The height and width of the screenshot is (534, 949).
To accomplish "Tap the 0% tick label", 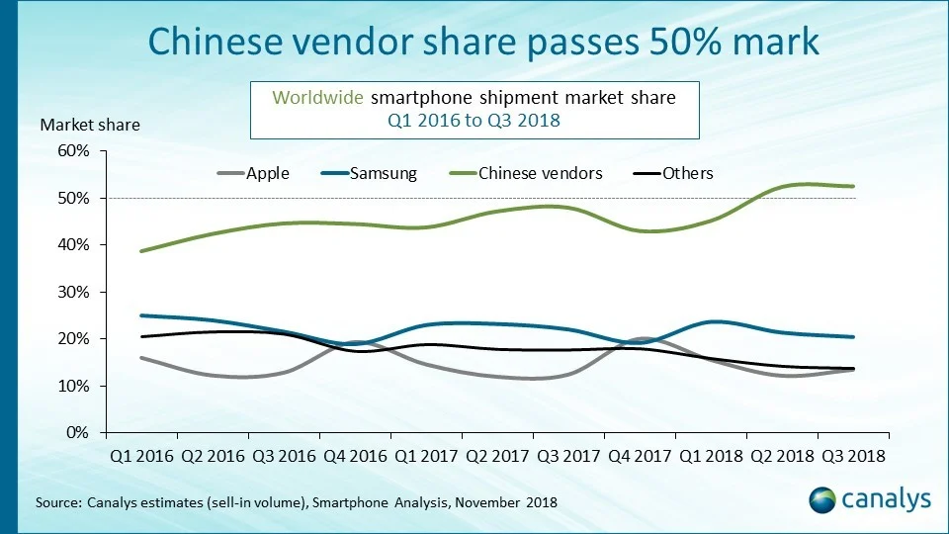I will click(x=77, y=432).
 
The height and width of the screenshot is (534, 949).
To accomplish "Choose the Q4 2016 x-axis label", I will click(x=354, y=456).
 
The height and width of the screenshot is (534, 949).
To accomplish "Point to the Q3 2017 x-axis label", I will click(x=567, y=456).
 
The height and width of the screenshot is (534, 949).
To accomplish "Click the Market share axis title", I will click(x=90, y=125).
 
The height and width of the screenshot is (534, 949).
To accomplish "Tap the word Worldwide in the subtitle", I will click(x=319, y=98).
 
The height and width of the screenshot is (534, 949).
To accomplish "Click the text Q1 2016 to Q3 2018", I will click(x=474, y=121).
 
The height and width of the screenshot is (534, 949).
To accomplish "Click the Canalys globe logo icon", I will click(x=823, y=499).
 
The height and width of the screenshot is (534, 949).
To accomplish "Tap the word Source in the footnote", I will click(x=56, y=502).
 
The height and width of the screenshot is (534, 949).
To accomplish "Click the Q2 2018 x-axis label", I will click(x=781, y=456).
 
